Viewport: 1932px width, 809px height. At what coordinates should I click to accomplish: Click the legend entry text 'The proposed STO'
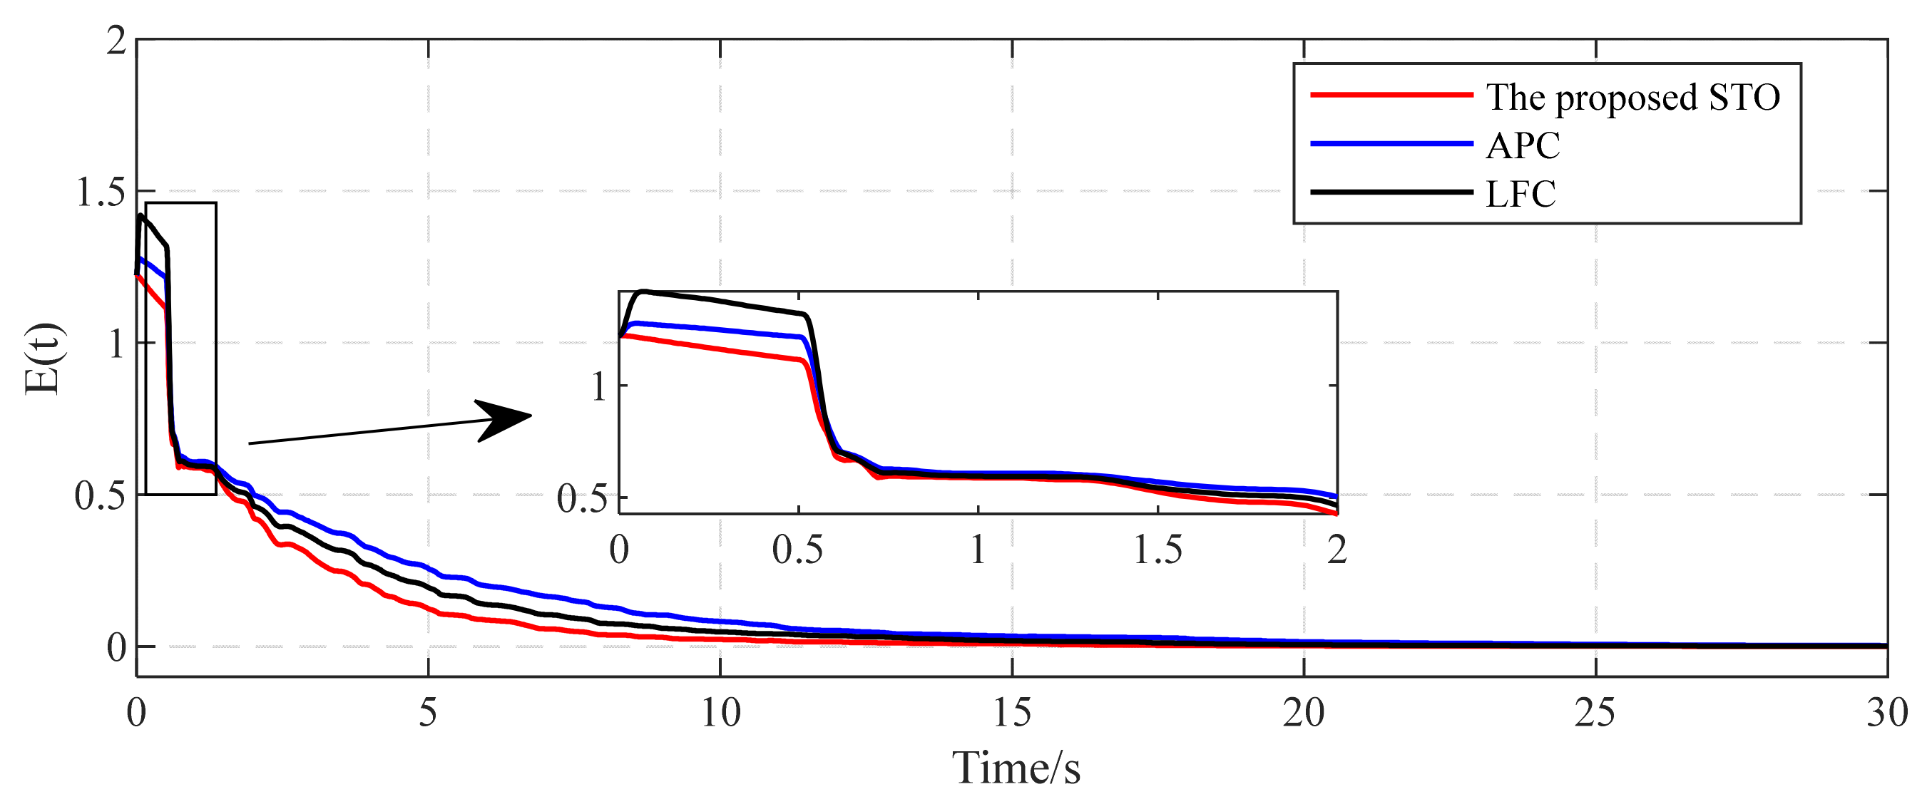click(x=1632, y=98)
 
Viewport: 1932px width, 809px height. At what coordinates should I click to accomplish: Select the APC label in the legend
click(x=1523, y=145)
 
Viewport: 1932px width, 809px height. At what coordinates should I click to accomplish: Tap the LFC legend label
click(x=1520, y=194)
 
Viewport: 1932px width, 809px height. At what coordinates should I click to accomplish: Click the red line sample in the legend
click(x=1391, y=96)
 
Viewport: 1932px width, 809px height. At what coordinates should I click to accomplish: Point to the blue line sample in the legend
click(x=1391, y=143)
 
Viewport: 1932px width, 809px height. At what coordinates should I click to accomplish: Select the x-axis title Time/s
click(x=1016, y=768)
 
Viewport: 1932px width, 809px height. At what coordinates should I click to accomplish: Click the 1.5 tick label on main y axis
click(x=101, y=192)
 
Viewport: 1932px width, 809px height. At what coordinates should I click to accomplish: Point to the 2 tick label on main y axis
click(x=116, y=41)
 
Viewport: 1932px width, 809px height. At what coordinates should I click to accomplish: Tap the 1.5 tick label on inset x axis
click(x=1157, y=550)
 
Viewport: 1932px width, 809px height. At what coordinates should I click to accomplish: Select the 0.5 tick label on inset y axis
click(x=582, y=498)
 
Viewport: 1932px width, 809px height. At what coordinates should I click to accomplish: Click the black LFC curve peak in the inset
click(x=642, y=291)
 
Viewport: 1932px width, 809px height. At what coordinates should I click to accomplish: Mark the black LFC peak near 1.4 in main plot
click(x=140, y=216)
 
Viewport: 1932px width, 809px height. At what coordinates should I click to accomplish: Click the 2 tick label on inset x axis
click(x=1336, y=550)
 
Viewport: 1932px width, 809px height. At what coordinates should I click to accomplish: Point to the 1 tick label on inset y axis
click(x=598, y=387)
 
